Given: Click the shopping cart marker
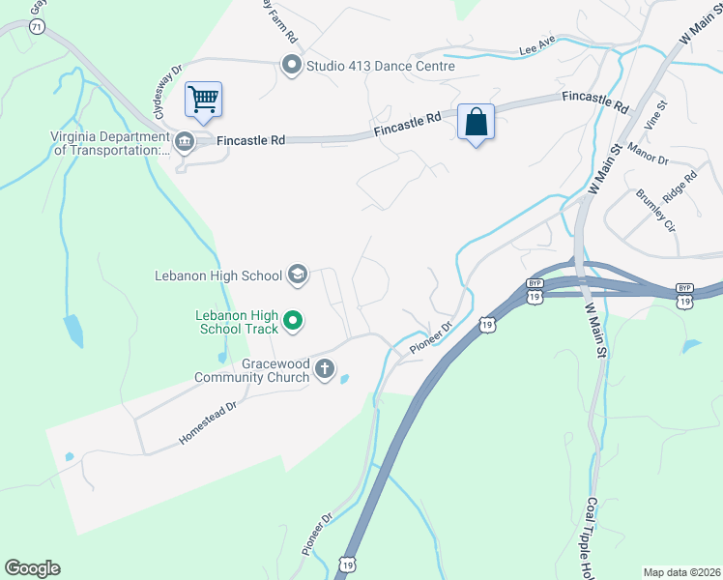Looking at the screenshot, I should point(203,99).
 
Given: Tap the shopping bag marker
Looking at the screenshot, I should point(476,122).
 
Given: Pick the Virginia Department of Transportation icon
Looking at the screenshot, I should point(186,143).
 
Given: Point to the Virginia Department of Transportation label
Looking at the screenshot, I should point(110,143).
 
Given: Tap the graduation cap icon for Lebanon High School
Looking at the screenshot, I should point(297,275).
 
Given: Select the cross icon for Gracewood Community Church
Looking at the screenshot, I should point(325,368).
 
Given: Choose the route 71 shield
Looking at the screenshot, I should point(37,27).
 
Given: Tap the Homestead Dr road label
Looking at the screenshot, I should point(208,422).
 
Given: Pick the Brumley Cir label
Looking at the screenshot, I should point(655,210).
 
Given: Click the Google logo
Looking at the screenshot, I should point(32,568).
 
